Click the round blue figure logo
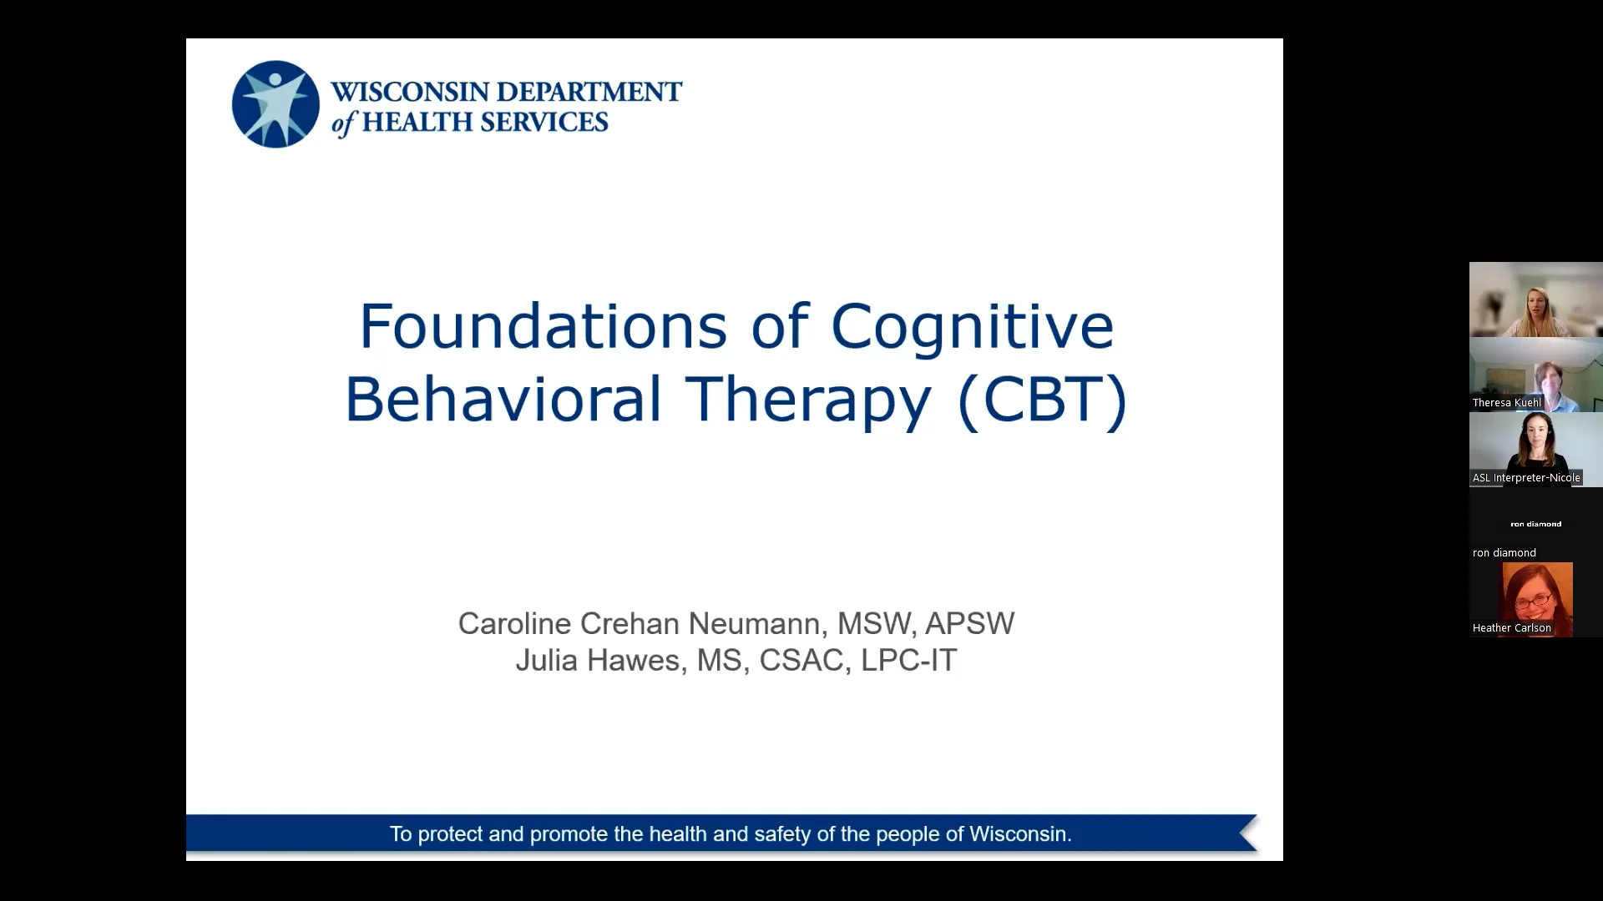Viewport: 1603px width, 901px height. [276, 104]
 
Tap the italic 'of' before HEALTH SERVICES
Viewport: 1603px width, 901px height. [343, 123]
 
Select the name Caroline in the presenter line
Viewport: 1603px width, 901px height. [514, 623]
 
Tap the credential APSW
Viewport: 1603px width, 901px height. [969, 623]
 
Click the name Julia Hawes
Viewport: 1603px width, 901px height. [598, 660]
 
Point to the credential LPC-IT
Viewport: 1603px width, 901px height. [908, 660]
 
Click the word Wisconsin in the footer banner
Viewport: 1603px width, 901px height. [1019, 833]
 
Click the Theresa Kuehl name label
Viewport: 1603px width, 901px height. [1506, 403]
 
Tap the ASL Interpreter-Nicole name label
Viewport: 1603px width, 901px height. [1525, 478]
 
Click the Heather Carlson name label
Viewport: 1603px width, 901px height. [1511, 628]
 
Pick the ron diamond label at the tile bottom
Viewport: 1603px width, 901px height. [1504, 553]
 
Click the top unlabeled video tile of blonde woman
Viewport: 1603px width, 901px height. [1535, 299]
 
